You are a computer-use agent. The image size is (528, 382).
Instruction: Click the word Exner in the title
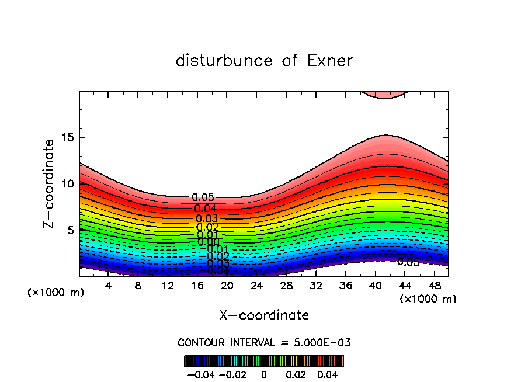[x=328, y=61]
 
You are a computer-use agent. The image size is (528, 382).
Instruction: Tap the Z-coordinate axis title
[x=50, y=183]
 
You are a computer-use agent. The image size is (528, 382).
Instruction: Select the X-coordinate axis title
[x=264, y=315]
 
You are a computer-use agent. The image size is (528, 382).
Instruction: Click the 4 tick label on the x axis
[x=109, y=286]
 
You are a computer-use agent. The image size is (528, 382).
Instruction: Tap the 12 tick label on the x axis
[x=168, y=286]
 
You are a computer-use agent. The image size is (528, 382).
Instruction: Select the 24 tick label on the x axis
[x=256, y=286]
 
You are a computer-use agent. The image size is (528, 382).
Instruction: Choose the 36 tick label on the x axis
[x=345, y=286]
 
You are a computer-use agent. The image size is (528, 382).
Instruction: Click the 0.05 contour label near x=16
[x=203, y=197]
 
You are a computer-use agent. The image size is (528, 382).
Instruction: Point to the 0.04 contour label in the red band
[x=205, y=209]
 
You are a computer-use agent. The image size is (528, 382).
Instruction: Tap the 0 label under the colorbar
[x=264, y=373]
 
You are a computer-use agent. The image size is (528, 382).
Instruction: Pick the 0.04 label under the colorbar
[x=328, y=373]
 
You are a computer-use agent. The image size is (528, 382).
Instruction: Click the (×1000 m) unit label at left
[x=56, y=293]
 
